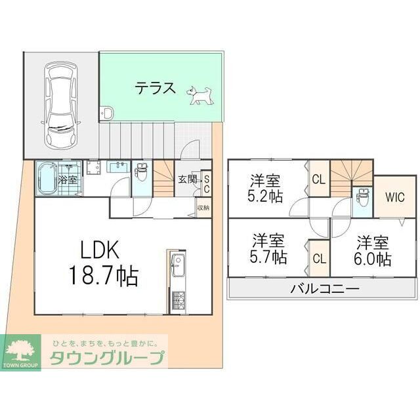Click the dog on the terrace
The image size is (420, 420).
[200, 96]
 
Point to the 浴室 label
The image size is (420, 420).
[68, 178]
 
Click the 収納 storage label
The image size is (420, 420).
[203, 208]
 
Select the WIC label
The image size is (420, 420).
[394, 197]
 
